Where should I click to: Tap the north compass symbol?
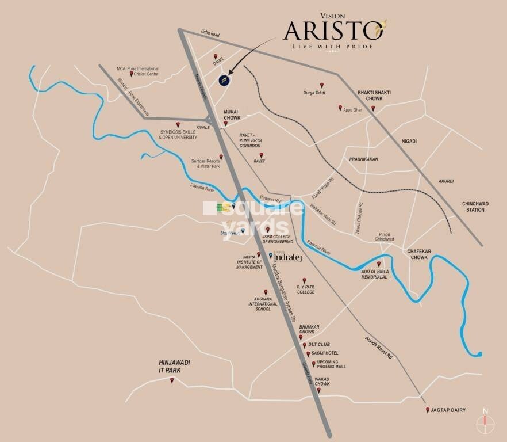point(486,422)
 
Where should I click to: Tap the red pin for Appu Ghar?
point(340,108)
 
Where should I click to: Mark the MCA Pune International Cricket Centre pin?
point(132,74)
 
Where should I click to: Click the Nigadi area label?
point(409,141)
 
